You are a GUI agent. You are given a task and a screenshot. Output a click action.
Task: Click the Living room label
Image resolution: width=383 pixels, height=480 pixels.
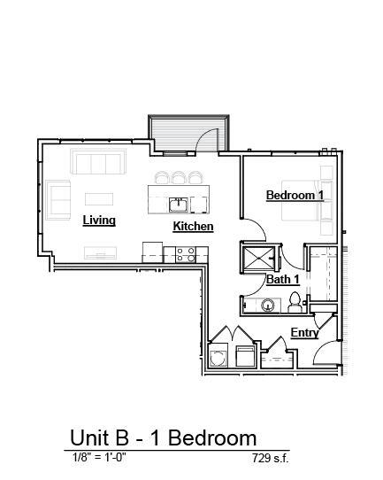pyautogui.click(x=99, y=220)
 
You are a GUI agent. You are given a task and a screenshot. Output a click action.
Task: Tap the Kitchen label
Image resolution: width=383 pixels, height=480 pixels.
pyautogui.click(x=193, y=227)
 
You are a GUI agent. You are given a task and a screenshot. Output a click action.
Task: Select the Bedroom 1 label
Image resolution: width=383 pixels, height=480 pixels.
pyautogui.click(x=295, y=195)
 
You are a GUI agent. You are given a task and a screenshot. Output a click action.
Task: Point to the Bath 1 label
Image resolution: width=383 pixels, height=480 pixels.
pyautogui.click(x=283, y=280)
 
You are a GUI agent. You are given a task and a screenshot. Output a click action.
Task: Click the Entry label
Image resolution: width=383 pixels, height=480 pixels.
pyautogui.click(x=304, y=333)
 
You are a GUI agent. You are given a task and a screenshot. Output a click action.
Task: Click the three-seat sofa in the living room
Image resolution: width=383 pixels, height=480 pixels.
pyautogui.click(x=98, y=163)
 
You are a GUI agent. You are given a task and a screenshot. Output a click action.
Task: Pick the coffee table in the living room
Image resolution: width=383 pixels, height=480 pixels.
pyautogui.click(x=99, y=197)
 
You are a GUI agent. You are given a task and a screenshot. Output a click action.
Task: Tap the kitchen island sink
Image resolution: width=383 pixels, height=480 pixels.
pyautogui.click(x=179, y=205)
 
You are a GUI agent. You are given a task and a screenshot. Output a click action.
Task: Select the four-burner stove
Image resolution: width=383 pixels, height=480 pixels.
pyautogui.click(x=185, y=253)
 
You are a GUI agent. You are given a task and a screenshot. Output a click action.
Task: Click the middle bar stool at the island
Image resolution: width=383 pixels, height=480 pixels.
pyautogui.click(x=180, y=176)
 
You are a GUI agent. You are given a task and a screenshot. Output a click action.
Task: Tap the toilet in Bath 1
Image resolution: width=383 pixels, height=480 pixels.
pyautogui.click(x=295, y=304)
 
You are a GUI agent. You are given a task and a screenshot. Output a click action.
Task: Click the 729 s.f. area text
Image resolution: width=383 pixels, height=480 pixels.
pyautogui.click(x=270, y=459)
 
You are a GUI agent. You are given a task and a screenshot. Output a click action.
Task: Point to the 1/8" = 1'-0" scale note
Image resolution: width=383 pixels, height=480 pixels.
pyautogui.click(x=100, y=458)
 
